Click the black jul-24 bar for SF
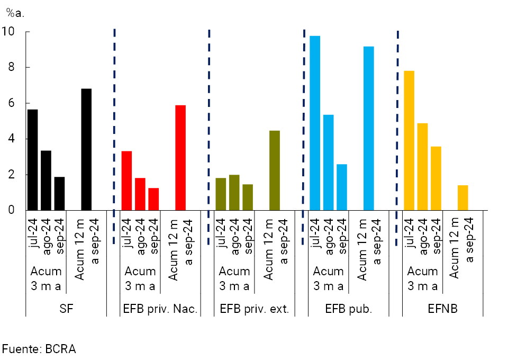pyautogui.click(x=33, y=160)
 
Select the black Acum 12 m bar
pyautogui.click(x=86, y=149)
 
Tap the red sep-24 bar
pyautogui.click(x=153, y=199)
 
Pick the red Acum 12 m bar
pyautogui.click(x=180, y=158)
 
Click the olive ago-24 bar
pyautogui.click(x=234, y=193)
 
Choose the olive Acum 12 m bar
pyautogui.click(x=275, y=170)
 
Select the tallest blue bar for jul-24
pyautogui.click(x=315, y=123)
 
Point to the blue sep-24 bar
pyautogui.click(x=342, y=187)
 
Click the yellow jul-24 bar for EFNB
pyautogui.click(x=409, y=140)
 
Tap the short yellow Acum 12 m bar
pyautogui.click(x=463, y=198)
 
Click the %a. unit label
pyautogui.click(x=15, y=12)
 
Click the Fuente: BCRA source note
pyautogui.click(x=39, y=349)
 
